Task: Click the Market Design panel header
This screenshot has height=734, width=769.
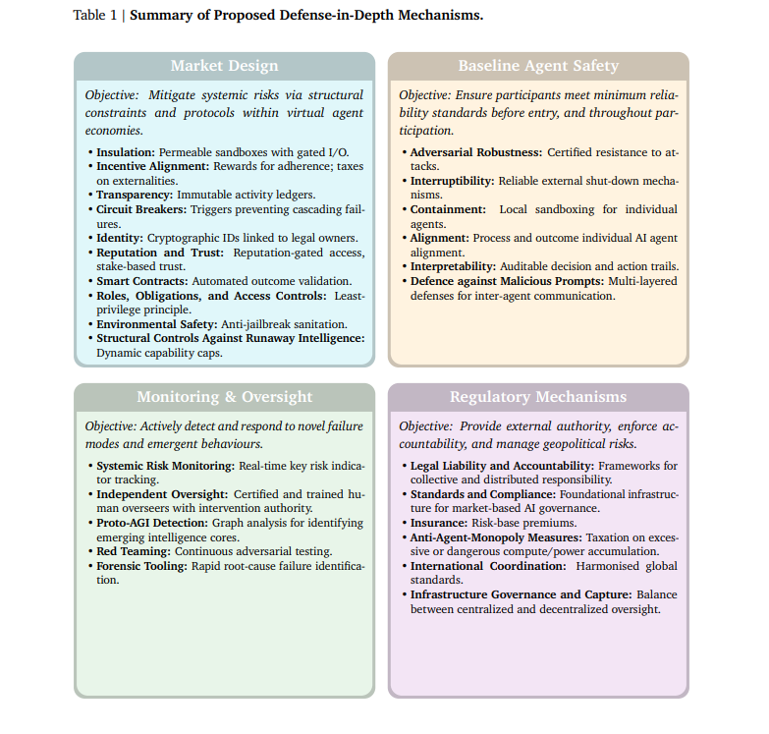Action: pyautogui.click(x=224, y=66)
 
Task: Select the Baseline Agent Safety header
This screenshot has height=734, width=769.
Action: pyautogui.click(x=538, y=66)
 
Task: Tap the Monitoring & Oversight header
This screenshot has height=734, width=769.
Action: pyautogui.click(x=224, y=397)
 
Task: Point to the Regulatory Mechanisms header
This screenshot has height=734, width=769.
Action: pyautogui.click(x=538, y=397)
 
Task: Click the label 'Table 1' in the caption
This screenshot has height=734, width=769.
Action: pyautogui.click(x=94, y=16)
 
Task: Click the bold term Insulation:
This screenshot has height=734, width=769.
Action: pyautogui.click(x=126, y=152)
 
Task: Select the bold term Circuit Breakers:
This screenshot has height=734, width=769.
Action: pyautogui.click(x=142, y=209)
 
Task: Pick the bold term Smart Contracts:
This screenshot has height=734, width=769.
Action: pyautogui.click(x=139, y=281)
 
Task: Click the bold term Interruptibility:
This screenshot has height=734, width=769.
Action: pyautogui.click(x=452, y=181)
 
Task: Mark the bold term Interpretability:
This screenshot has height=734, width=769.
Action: pyautogui.click(x=453, y=266)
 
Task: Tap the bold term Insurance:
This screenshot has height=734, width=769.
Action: pyautogui.click(x=439, y=523)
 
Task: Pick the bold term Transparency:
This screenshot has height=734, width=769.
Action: pyautogui.click(x=135, y=195)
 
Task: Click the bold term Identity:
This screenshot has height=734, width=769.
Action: pyautogui.click(x=120, y=238)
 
